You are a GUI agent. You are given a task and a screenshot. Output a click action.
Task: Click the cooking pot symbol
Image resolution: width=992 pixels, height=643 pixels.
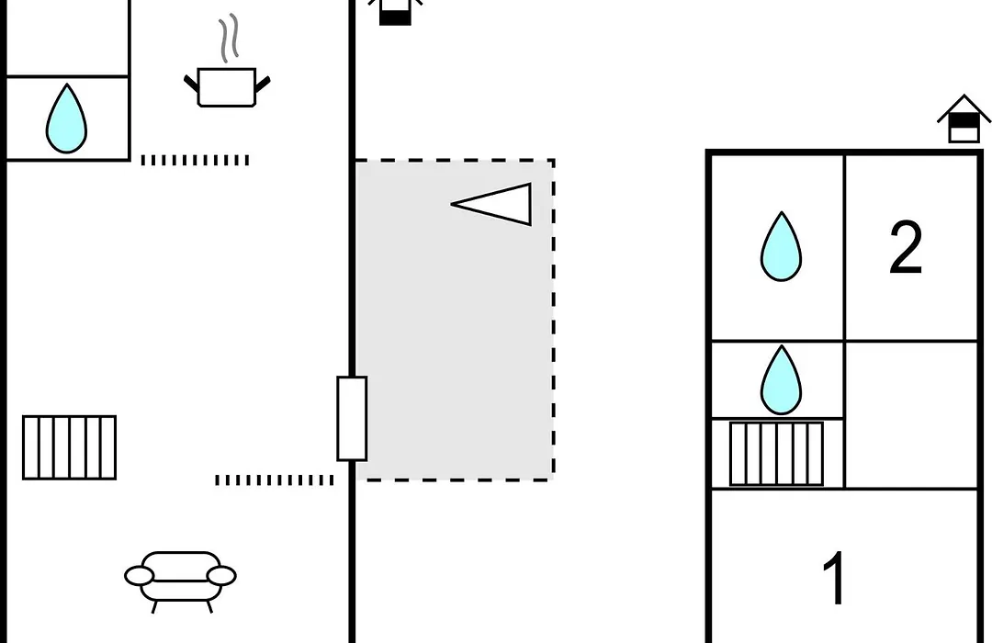[x=227, y=86]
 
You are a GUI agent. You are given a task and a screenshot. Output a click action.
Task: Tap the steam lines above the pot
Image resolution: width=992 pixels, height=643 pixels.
[x=230, y=38]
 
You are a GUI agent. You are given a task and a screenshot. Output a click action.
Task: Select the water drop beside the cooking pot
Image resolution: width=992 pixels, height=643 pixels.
[x=66, y=118]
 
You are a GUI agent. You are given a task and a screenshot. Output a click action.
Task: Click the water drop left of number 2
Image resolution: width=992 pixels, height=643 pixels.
[x=781, y=246]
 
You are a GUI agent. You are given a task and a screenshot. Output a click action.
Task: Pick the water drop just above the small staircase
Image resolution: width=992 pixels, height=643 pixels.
[x=781, y=379]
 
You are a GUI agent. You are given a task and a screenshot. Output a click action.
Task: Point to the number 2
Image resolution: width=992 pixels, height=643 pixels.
[x=906, y=247]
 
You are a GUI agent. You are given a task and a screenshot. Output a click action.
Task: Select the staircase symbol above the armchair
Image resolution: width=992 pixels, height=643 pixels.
[x=70, y=447]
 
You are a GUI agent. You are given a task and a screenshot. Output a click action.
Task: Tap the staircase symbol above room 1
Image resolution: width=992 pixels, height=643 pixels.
[x=776, y=454]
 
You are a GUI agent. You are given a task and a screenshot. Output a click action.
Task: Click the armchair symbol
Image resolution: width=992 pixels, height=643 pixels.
[x=180, y=581]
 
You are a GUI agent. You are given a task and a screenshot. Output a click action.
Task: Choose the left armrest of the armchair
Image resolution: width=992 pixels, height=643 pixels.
[x=140, y=576]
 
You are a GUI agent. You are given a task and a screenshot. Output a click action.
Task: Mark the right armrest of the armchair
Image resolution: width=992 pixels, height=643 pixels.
[x=221, y=576]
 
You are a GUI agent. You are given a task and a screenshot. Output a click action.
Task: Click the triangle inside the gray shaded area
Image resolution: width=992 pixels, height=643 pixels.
[x=491, y=204]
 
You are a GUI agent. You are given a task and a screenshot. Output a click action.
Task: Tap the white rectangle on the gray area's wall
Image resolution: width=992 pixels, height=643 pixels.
[x=352, y=418]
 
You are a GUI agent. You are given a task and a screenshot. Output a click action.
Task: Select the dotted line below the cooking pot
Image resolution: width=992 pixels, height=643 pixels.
[x=195, y=160]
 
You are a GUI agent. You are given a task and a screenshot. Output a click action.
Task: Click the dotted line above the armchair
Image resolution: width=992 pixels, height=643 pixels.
[x=274, y=480]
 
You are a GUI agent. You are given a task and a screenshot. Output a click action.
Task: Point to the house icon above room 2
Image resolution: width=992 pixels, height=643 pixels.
[x=964, y=119]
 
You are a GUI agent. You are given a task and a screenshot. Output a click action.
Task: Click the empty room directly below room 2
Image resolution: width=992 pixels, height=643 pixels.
[x=911, y=415]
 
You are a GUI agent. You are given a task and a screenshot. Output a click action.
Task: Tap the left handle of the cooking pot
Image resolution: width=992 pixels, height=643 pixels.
[x=191, y=84]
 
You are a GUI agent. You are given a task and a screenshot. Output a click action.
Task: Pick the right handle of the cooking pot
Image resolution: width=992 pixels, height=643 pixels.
[x=263, y=84]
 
